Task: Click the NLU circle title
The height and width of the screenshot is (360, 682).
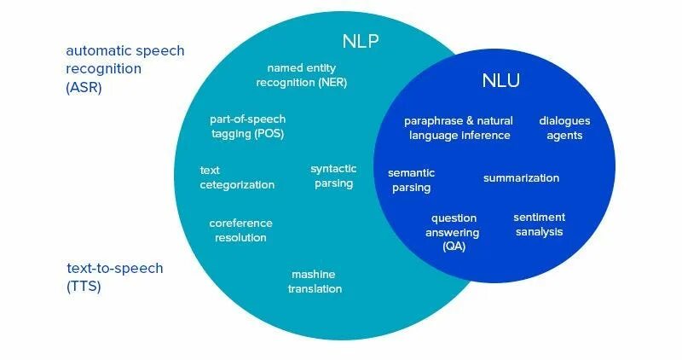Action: [x=500, y=82]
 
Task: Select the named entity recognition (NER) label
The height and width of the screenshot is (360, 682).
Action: [x=307, y=75]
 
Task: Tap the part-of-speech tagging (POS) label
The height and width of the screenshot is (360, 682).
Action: [x=247, y=126]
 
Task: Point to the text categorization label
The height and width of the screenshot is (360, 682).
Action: [x=237, y=177]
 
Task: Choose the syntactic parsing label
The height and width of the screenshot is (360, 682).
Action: [x=332, y=176]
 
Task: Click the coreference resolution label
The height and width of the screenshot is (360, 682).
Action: [x=240, y=230]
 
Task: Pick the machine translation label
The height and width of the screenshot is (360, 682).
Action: [x=316, y=282]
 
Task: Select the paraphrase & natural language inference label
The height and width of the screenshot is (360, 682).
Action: [x=458, y=128]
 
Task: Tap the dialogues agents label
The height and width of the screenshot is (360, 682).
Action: [x=564, y=128]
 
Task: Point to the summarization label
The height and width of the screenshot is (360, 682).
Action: [x=521, y=178]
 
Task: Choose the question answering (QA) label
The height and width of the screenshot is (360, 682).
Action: [x=454, y=232]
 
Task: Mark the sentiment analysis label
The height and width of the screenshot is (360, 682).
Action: [x=539, y=224]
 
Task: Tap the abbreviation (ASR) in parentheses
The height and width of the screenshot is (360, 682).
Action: [x=84, y=87]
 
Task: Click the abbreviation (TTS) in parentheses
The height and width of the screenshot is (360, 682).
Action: [x=84, y=287]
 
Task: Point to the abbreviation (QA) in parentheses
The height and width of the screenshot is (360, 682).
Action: [x=454, y=246]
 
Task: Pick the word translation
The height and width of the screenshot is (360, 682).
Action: [x=316, y=288]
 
